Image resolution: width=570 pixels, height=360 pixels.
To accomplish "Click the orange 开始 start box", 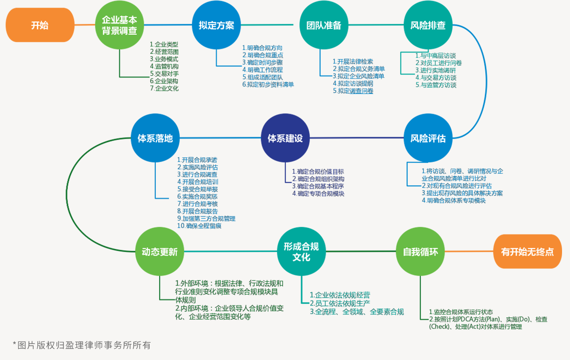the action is (x=40, y=25).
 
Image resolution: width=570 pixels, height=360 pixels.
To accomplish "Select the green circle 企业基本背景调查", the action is (x=119, y=25).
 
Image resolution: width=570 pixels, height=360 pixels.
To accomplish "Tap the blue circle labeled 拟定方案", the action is (x=216, y=25).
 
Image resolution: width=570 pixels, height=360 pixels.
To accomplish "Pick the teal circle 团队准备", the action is (x=324, y=25).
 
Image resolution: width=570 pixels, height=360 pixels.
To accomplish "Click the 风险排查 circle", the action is (x=428, y=25).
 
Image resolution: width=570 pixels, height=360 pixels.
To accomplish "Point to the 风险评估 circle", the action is (x=428, y=138).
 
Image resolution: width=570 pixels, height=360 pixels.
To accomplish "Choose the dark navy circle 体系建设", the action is (x=285, y=138).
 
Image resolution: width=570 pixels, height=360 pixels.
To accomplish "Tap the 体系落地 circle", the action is (x=155, y=138).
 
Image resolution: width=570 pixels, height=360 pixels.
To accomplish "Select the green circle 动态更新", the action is (x=160, y=251).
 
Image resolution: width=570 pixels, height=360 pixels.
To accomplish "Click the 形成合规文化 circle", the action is (x=301, y=251).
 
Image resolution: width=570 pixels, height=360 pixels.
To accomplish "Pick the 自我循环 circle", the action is (x=420, y=251).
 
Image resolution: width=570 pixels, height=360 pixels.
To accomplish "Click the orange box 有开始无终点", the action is (x=527, y=251).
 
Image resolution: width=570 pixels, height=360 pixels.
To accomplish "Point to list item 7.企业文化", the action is (x=164, y=88).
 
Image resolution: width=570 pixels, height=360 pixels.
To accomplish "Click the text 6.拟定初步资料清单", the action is (x=268, y=85).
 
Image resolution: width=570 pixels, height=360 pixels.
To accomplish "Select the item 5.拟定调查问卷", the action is (x=353, y=91).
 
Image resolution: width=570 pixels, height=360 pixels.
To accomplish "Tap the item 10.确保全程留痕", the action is (x=199, y=226).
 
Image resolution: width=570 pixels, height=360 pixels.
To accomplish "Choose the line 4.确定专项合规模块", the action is (x=318, y=193).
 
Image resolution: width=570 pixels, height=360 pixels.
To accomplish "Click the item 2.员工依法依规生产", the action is (x=340, y=303).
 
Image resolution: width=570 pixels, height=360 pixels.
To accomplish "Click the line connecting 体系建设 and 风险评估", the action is (x=357, y=138).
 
